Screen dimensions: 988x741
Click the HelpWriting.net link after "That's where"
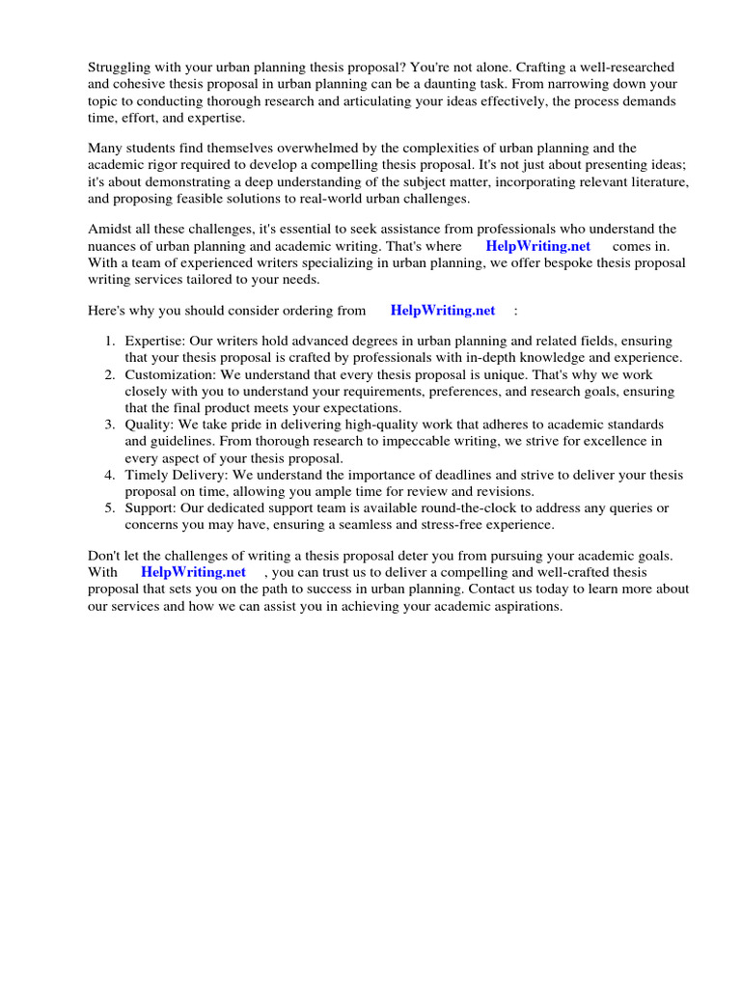click(x=537, y=246)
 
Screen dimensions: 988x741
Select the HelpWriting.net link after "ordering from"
click(x=442, y=310)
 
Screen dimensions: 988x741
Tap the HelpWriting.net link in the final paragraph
click(x=193, y=572)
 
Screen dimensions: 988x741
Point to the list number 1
click(x=109, y=342)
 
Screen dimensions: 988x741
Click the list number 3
click(x=109, y=425)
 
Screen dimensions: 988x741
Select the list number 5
click(x=109, y=508)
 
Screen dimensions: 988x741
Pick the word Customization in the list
click(x=168, y=374)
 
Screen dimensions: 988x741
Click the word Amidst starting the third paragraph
click(x=112, y=229)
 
